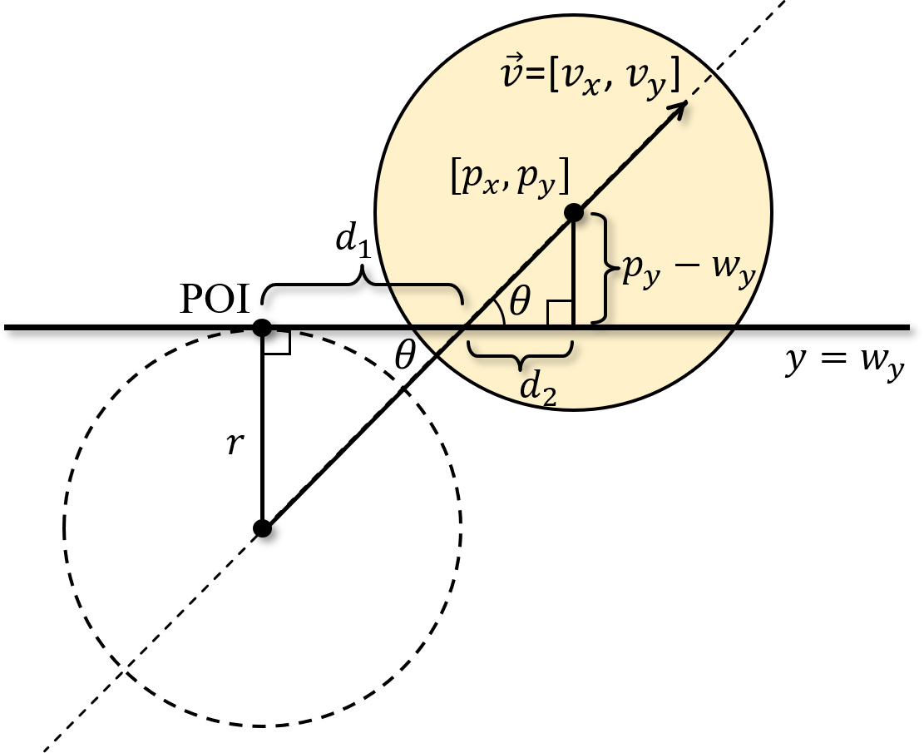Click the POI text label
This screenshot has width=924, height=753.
coord(215,300)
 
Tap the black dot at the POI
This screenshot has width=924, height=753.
coord(262,327)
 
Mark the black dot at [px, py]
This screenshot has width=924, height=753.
coord(573,213)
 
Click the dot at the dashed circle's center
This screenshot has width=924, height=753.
coord(262,528)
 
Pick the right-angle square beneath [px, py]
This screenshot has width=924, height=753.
coord(559,314)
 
